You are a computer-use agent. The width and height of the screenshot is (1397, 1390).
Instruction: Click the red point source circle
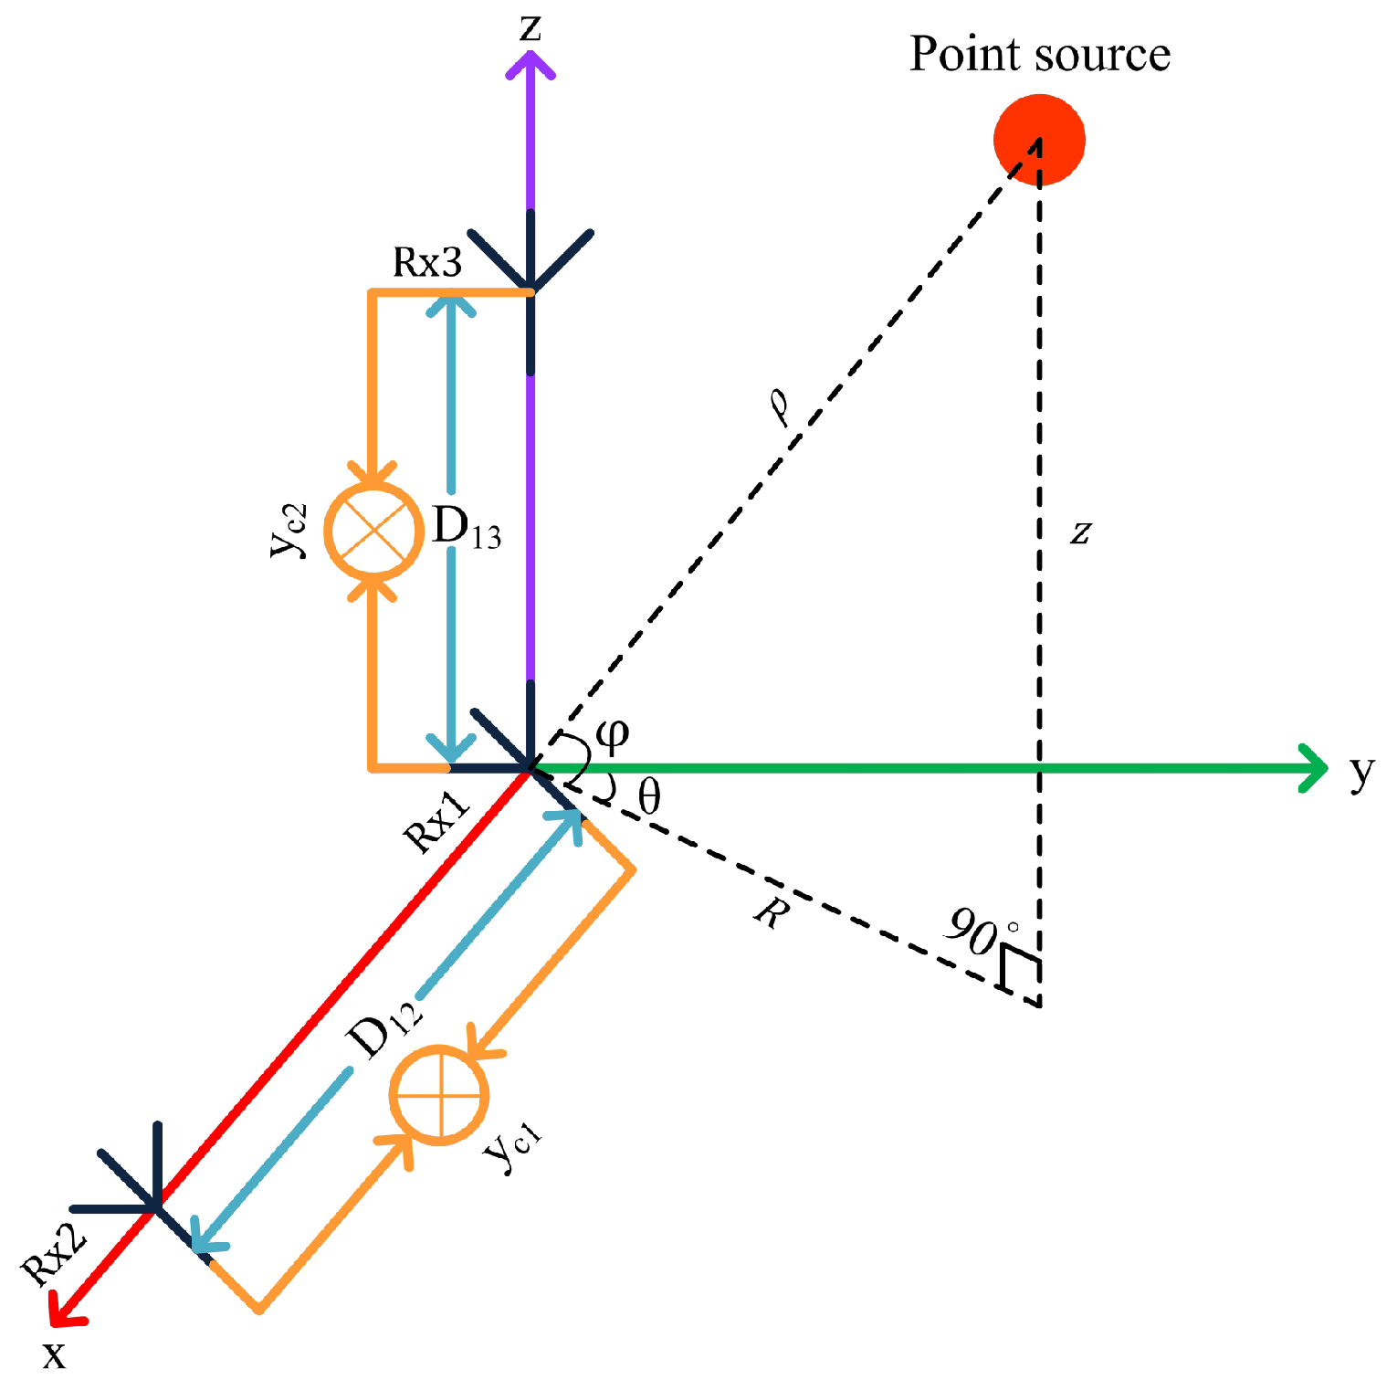click(1039, 140)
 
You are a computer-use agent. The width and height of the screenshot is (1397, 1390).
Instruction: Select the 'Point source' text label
click(1039, 54)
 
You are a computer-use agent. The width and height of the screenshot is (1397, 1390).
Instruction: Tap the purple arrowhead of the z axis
click(530, 64)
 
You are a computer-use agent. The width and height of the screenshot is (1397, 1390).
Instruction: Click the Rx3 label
click(427, 263)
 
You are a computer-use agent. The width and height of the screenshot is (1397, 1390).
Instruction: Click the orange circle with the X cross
click(374, 531)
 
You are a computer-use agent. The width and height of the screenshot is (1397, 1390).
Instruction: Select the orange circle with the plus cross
click(439, 1094)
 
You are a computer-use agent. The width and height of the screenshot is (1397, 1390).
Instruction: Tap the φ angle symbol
click(612, 734)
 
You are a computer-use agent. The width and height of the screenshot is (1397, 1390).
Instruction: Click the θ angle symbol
click(648, 797)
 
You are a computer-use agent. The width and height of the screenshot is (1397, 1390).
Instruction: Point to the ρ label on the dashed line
click(781, 407)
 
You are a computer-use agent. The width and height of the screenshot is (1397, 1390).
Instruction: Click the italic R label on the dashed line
click(770, 912)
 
